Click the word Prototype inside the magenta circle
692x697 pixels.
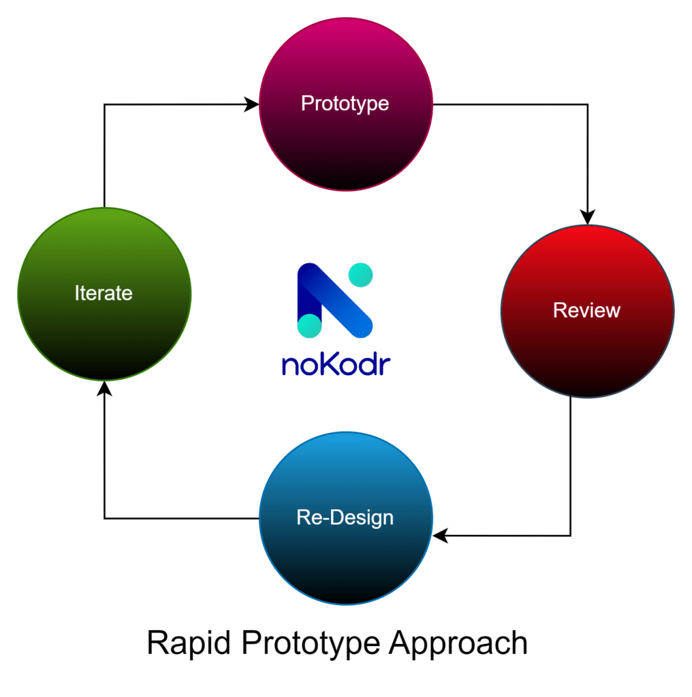[x=345, y=103]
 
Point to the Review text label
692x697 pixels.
[x=586, y=310]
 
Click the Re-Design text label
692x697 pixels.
[x=345, y=517]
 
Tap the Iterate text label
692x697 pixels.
[x=104, y=293]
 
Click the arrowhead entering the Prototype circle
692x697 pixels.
[x=251, y=105]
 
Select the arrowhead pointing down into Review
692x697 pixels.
[x=588, y=216]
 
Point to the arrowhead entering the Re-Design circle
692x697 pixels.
[x=441, y=536]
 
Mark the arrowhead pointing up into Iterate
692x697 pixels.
[x=104, y=389]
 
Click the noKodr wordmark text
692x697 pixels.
[x=336, y=363]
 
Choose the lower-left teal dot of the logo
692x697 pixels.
[x=310, y=325]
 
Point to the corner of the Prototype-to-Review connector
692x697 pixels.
[x=588, y=105]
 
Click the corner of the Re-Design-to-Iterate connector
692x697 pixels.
[x=104, y=519]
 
